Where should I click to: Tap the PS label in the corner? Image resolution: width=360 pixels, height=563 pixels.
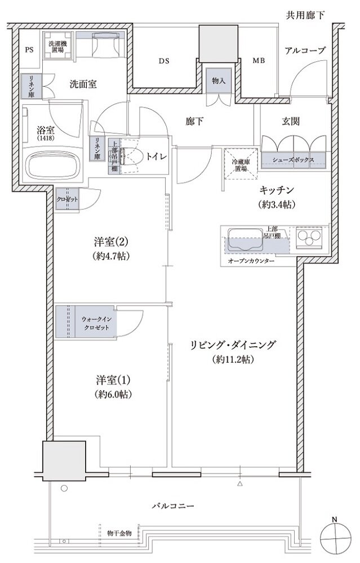[29, 50]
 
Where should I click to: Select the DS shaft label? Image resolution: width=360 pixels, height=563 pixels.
[163, 60]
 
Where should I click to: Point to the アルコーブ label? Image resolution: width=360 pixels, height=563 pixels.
[305, 51]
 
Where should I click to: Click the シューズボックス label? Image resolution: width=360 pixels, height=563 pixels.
[294, 159]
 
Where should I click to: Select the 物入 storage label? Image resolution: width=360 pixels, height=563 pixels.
[219, 81]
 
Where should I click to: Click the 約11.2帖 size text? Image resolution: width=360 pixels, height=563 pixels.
[233, 359]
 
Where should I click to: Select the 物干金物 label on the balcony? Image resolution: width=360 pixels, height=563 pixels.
[119, 533]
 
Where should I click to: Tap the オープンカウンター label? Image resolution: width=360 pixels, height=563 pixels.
[251, 262]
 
